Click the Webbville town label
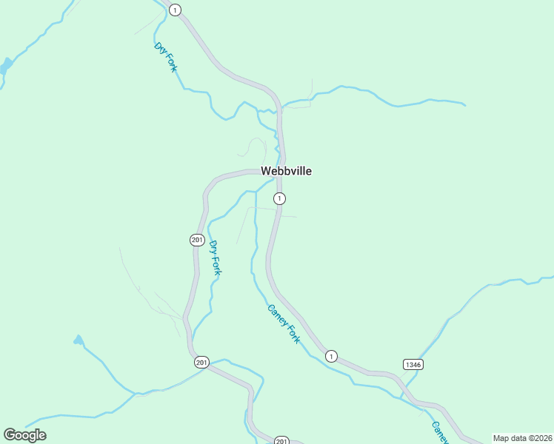pyautogui.click(x=286, y=171)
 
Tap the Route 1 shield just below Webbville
pyautogui.click(x=279, y=198)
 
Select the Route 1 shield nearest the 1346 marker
pyautogui.click(x=331, y=356)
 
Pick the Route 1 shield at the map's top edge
pyautogui.click(x=175, y=10)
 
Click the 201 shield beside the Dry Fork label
pyautogui.click(x=196, y=240)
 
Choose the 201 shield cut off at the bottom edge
pyautogui.click(x=281, y=440)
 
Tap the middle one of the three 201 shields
pyautogui.click(x=202, y=363)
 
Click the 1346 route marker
pyautogui.click(x=413, y=364)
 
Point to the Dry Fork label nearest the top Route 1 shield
pyautogui.click(x=166, y=57)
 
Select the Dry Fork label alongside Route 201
pyautogui.click(x=216, y=258)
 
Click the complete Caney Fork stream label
pyautogui.click(x=284, y=323)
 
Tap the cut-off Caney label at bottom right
pyautogui.click(x=439, y=432)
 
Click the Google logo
pyautogui.click(x=24, y=435)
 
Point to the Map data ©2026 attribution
pyautogui.click(x=522, y=438)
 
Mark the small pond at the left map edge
pyautogui.click(x=6, y=65)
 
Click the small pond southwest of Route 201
pyautogui.click(x=79, y=340)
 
